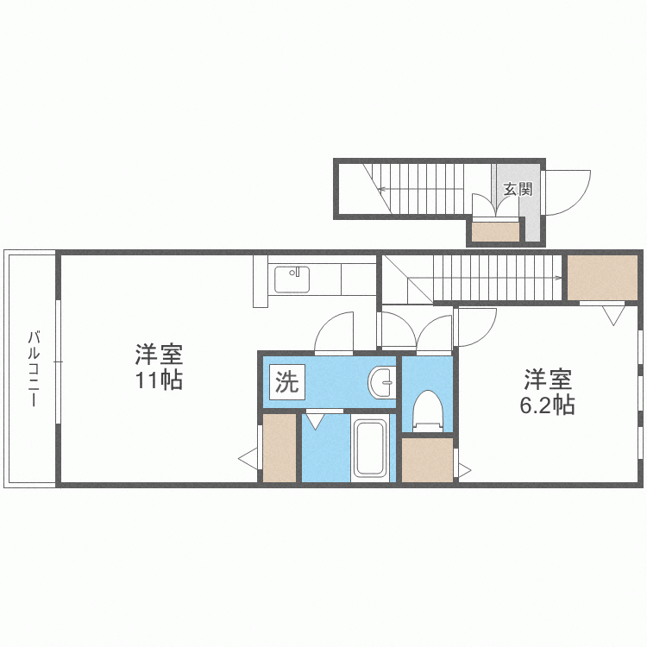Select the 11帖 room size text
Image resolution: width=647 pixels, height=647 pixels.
tap(158, 380)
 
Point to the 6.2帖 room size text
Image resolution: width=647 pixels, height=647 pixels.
tap(547, 405)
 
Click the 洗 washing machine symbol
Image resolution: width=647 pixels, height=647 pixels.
tap(286, 381)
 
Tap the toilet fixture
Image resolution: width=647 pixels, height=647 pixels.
tap(427, 411)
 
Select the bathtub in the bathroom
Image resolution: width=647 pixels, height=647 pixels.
tap(371, 448)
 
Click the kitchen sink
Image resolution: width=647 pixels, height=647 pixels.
tap(292, 280)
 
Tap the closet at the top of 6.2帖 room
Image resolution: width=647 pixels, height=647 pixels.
tap(601, 277)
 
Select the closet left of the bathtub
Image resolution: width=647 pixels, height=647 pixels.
tap(280, 449)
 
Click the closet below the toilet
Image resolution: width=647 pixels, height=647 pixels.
tap(427, 461)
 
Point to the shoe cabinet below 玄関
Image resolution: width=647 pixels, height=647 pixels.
tap(495, 232)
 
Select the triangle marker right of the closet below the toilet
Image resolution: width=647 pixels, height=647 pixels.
tap(464, 471)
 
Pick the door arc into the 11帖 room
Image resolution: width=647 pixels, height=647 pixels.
tap(334, 333)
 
